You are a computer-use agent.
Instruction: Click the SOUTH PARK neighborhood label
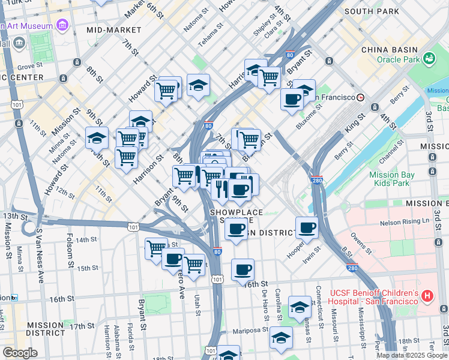point(372,11)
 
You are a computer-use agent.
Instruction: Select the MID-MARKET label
point(112,29)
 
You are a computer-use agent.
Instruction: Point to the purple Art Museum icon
point(62,25)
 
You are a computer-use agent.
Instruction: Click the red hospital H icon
point(427,296)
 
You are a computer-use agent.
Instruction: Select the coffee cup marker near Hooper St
point(307,228)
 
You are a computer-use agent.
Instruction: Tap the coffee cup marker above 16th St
point(243,270)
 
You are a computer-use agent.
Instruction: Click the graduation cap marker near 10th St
point(97,139)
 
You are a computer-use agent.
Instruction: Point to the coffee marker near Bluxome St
point(292,100)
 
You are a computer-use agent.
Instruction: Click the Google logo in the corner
point(20,353)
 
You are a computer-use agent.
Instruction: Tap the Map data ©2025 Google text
point(412,355)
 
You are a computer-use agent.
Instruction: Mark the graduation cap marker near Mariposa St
point(281,338)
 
